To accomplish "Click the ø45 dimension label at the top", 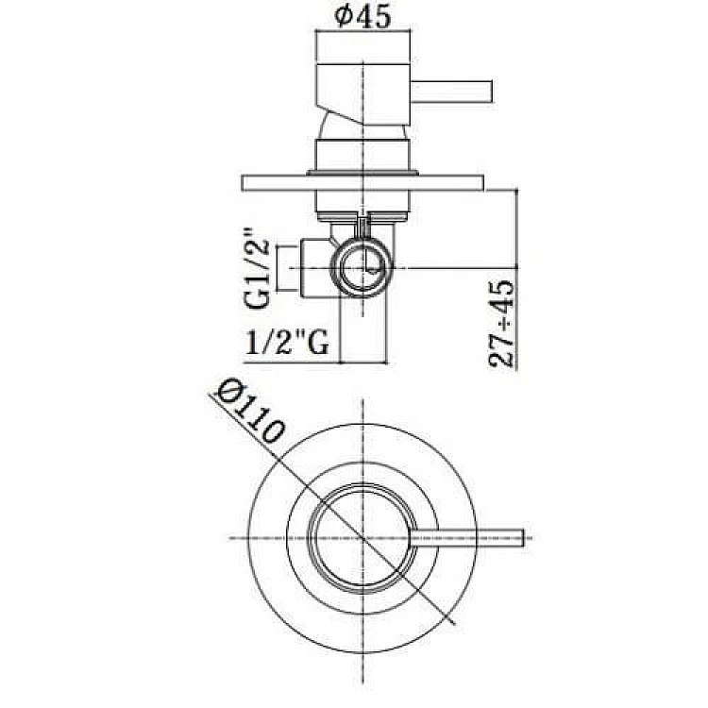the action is [x=362, y=17].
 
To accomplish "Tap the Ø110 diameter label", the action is [x=251, y=411].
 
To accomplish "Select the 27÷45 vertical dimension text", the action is [x=500, y=324].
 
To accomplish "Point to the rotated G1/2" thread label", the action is [x=258, y=268].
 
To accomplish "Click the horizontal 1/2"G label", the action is [x=287, y=343].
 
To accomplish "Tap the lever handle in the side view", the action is [x=450, y=92].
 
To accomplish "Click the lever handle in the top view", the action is [x=468, y=536].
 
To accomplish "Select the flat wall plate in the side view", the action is [x=362, y=183].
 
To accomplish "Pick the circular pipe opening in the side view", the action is [x=362, y=268].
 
